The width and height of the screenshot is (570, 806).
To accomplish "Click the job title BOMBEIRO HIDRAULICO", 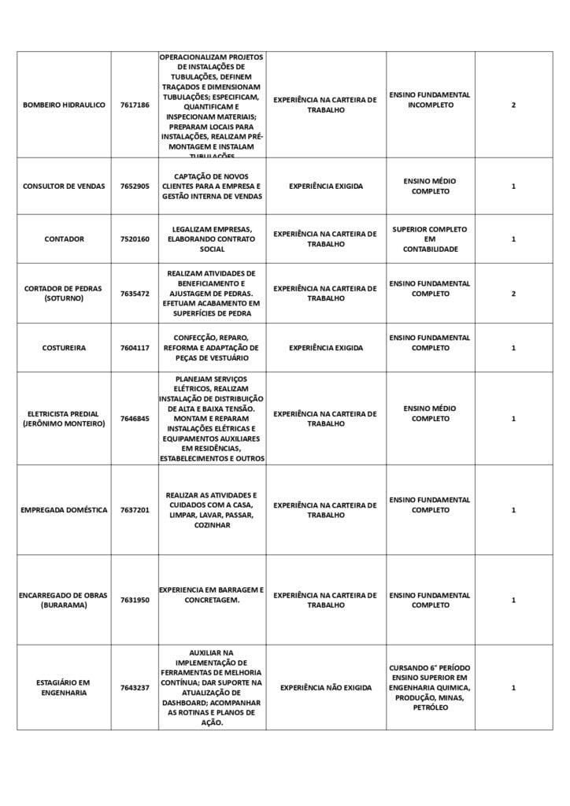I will point(64,105).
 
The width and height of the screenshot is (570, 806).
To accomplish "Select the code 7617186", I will point(135,105).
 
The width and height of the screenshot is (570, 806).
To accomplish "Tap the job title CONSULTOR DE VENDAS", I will point(64,187).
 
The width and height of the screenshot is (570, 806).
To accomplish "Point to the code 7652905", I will point(135,187).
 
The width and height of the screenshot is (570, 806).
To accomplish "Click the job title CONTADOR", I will point(64,239).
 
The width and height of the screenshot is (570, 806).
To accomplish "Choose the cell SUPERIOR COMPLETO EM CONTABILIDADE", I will point(430,239).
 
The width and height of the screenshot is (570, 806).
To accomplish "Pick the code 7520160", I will point(135,239).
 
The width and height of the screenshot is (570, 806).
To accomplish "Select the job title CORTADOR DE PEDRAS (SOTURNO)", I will point(64,294).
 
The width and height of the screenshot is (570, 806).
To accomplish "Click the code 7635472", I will point(135,294).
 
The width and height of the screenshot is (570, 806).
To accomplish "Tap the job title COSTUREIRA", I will point(64,348).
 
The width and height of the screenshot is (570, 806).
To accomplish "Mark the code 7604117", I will point(135,348).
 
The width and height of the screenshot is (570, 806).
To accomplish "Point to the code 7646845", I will point(135,419).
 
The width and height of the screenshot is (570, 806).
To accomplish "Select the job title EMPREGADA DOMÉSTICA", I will point(64,510).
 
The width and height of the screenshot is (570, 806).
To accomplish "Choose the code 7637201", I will point(135,510).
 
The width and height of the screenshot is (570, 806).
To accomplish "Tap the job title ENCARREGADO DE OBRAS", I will point(64,601).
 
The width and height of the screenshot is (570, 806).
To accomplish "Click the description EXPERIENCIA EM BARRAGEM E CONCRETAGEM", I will point(212,595).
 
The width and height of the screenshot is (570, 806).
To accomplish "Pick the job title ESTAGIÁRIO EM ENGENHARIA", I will point(64,688).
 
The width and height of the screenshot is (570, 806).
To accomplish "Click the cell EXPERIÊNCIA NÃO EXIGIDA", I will point(326,688).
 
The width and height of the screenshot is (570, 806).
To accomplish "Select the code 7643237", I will point(135,688).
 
